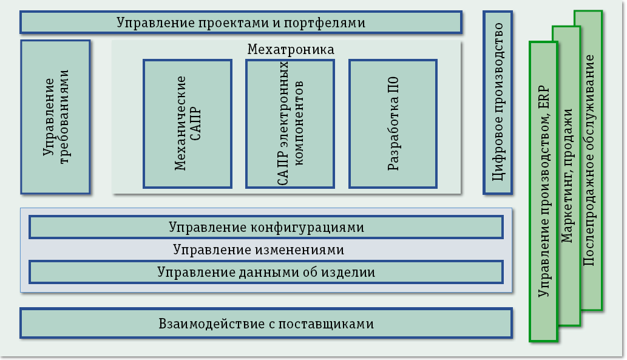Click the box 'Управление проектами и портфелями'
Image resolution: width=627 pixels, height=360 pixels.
pyautogui.click(x=241, y=22)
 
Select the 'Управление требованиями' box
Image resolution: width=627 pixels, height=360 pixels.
pyautogui.click(x=55, y=117)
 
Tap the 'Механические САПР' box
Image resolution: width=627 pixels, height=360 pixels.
pyautogui.click(x=187, y=123)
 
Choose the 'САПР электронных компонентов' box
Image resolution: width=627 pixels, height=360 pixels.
pyautogui.click(x=290, y=123)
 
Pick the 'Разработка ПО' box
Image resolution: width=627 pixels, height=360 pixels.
pyautogui.click(x=393, y=123)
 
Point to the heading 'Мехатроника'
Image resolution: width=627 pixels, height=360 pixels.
pyautogui.click(x=290, y=49)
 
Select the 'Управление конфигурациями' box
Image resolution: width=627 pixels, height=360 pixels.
pyautogui.click(x=266, y=227)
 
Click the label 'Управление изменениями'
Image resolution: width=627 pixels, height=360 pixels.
pyautogui.click(x=259, y=250)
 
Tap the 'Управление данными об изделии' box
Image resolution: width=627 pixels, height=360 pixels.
pyautogui.click(x=266, y=272)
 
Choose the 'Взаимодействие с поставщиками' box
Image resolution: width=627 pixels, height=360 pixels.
pyautogui.click(x=266, y=323)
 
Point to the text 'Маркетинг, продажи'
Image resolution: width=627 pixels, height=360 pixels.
pyautogui.click(x=567, y=176)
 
